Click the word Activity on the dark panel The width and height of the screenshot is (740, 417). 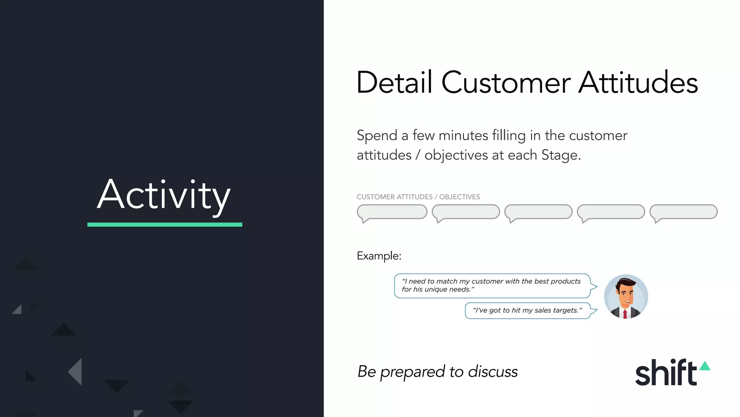(164, 195)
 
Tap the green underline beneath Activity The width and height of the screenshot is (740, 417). (165, 225)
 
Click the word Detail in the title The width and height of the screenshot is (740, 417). (394, 83)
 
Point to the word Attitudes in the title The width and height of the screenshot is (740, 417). (638, 83)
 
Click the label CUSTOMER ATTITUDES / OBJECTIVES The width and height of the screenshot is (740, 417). (418, 197)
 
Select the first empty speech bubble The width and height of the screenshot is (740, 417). (392, 212)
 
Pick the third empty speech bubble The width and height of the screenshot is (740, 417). (538, 212)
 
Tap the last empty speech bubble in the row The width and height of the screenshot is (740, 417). (684, 212)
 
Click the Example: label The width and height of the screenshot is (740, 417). (379, 256)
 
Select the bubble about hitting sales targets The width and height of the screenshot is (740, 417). (528, 311)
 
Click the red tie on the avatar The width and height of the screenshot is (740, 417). (625, 314)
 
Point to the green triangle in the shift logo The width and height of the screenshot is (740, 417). (705, 366)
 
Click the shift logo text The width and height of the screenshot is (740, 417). (666, 373)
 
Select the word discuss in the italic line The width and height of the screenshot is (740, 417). (493, 372)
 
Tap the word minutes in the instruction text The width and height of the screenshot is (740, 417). (463, 136)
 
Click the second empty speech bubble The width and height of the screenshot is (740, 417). (466, 212)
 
